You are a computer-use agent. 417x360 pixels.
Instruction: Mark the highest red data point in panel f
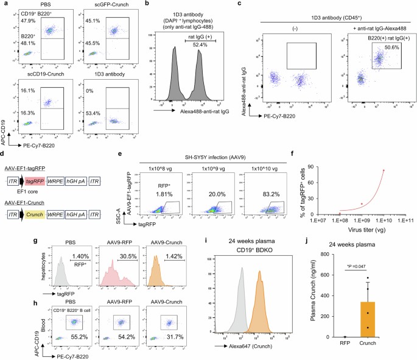point(384,171)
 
